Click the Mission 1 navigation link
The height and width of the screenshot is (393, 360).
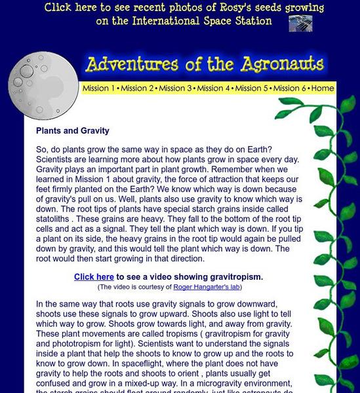click(99, 88)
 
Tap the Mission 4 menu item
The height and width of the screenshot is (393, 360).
click(214, 88)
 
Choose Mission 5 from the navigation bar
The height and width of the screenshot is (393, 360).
click(252, 88)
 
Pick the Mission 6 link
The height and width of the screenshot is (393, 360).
click(290, 88)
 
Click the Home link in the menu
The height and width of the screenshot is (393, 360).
click(323, 88)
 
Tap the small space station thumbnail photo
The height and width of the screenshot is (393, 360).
click(300, 24)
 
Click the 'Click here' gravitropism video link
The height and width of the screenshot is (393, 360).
click(94, 277)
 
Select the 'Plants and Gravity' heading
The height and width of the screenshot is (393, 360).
click(72, 131)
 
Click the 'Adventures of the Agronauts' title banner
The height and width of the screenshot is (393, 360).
click(204, 64)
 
